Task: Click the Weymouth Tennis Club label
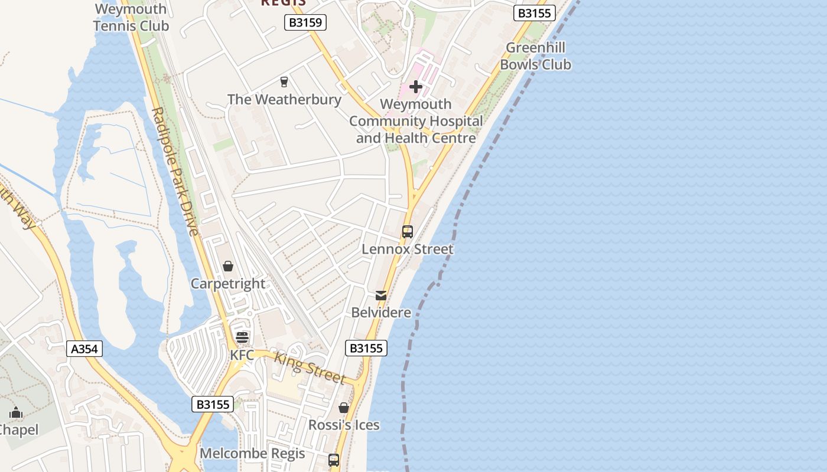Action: pos(131,18)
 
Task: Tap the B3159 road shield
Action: pos(305,23)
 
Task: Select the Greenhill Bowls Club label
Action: pos(535,56)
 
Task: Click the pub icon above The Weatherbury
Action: pos(284,81)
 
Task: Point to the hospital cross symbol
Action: pos(416,87)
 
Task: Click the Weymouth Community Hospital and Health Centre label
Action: pos(416,121)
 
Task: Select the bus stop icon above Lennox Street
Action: pos(408,232)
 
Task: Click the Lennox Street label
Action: pos(408,249)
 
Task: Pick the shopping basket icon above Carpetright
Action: pos(228,266)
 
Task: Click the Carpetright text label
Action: pos(228,284)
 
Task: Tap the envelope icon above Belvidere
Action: pos(381,295)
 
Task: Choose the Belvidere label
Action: pos(381,312)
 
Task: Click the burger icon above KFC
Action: pos(242,337)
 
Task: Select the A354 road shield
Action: pos(84,349)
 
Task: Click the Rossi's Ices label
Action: pos(344,425)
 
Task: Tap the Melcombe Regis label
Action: pos(252,453)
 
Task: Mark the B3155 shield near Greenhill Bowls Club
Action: pos(534,13)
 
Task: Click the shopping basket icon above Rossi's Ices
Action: pos(344,408)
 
